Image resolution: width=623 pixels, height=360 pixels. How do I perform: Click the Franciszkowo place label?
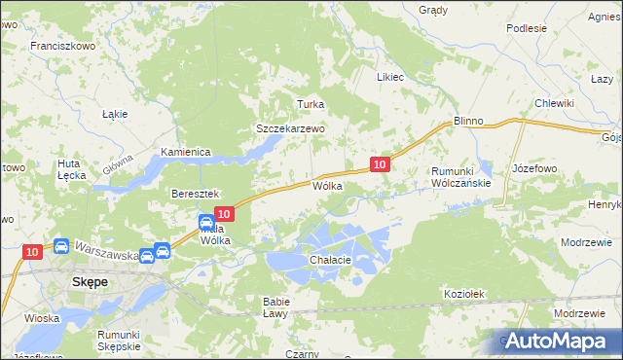[x=61, y=46]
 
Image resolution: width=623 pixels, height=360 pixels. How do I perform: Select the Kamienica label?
[x=186, y=153]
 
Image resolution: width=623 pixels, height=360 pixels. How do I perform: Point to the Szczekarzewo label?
[x=289, y=128]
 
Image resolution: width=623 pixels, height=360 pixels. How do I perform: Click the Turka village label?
[x=310, y=104]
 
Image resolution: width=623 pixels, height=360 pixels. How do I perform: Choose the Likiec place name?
[x=389, y=76]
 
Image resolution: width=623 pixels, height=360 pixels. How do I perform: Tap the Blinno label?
[x=468, y=121]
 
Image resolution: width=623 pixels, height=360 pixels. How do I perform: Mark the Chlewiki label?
[x=552, y=103]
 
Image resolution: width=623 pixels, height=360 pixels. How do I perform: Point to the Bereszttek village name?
[x=198, y=195]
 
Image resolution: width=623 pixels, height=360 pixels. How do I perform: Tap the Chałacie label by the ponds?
[x=330, y=261]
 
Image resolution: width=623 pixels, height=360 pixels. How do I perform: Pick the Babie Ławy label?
[x=275, y=307]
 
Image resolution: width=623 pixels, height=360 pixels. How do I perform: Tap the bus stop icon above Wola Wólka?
[x=207, y=223]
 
